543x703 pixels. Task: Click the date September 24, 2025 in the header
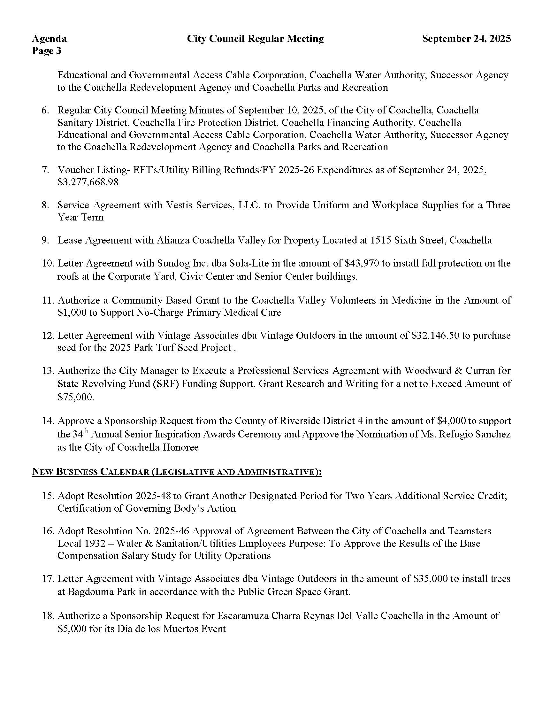(x=466, y=39)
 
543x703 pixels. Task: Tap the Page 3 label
(x=46, y=51)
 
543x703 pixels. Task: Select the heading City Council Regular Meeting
(x=255, y=39)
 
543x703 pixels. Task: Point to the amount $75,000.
(x=76, y=397)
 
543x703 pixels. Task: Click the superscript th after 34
(x=87, y=431)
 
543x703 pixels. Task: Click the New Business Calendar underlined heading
(x=177, y=472)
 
